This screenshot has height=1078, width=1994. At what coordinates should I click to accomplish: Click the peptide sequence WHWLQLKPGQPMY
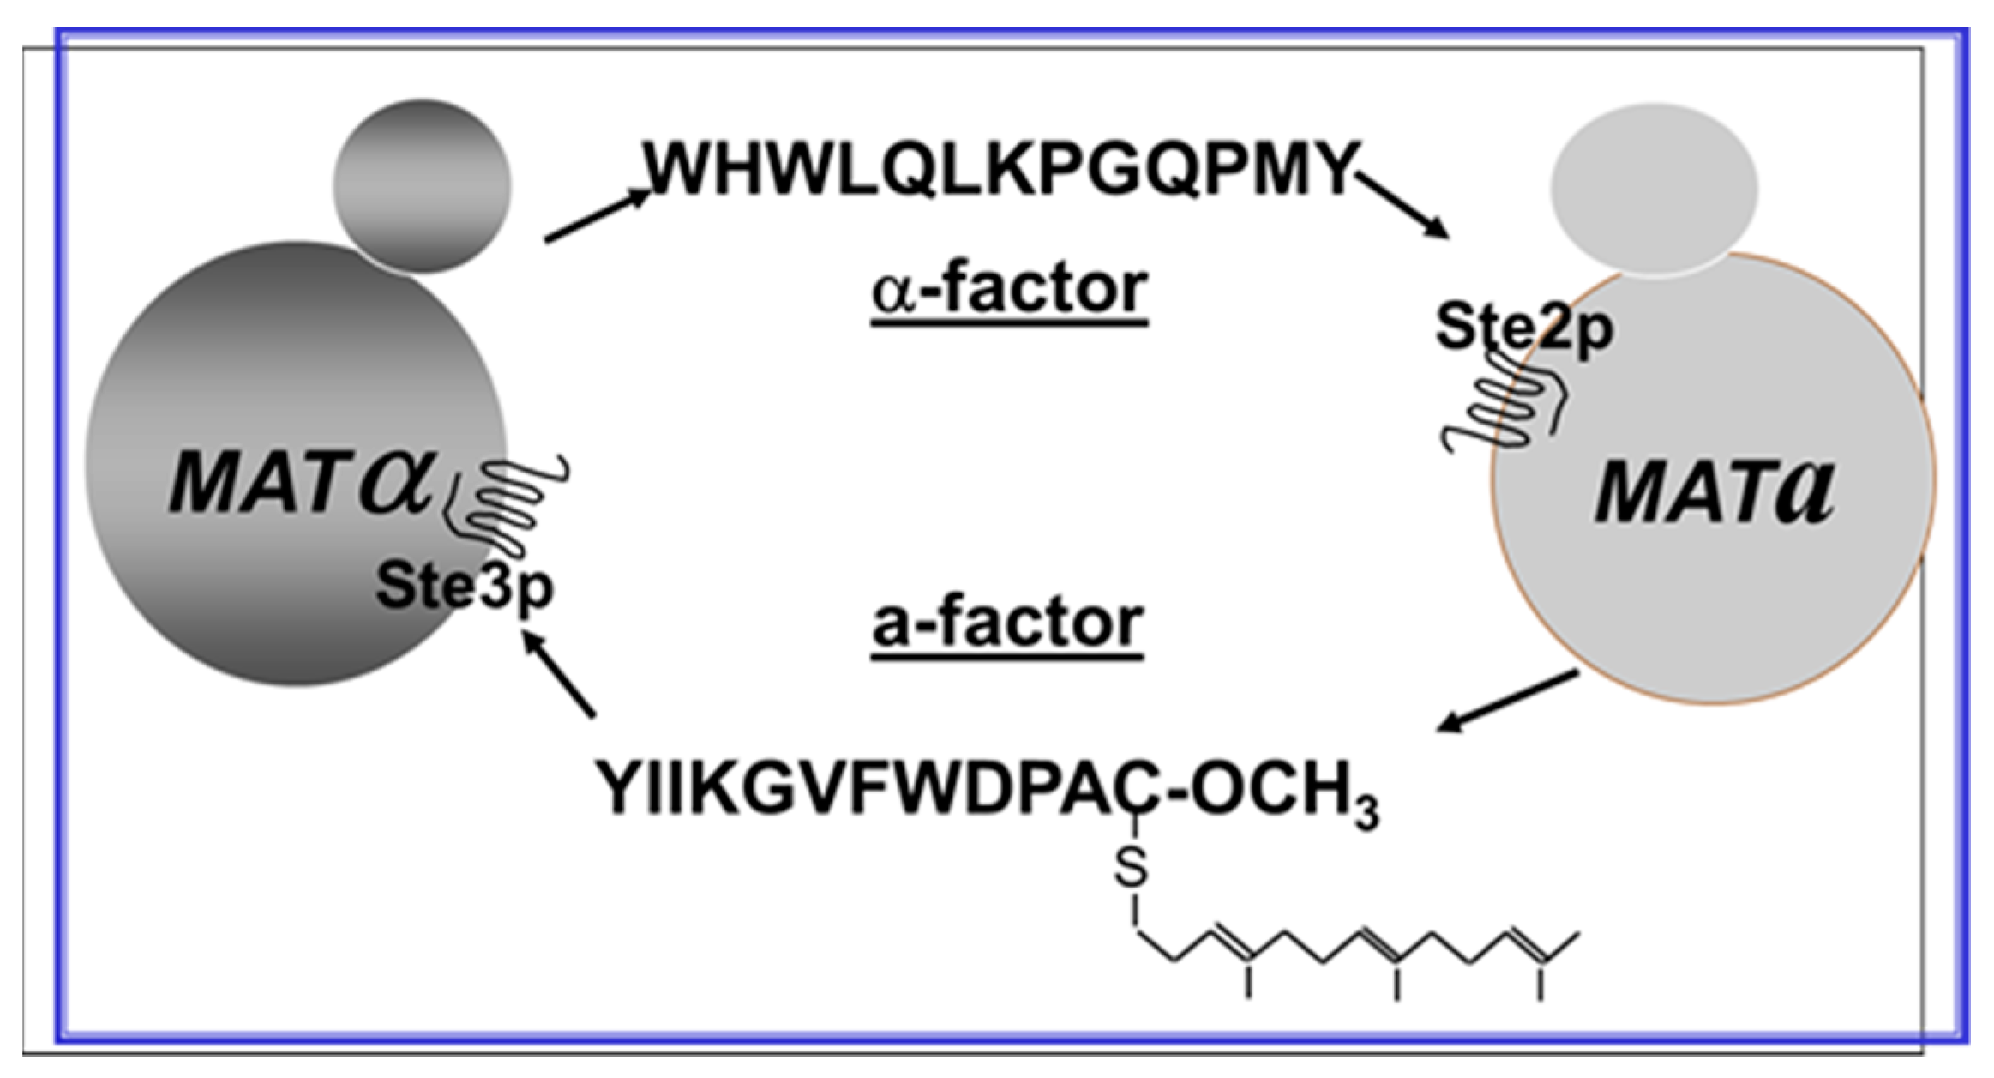(1001, 168)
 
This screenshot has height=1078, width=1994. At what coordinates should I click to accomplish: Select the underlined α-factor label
(1009, 290)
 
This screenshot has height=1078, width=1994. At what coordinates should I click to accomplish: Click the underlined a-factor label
(1007, 623)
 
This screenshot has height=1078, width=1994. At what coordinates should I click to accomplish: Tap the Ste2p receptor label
(1523, 327)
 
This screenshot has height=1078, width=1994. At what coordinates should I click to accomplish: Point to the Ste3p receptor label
(464, 587)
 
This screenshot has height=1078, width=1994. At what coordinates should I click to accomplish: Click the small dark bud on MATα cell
(422, 185)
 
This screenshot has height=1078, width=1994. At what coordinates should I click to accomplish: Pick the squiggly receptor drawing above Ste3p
(506, 506)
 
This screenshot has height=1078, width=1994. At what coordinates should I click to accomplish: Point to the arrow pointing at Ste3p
(558, 672)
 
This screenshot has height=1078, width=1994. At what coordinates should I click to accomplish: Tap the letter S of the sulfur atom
(1131, 868)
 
